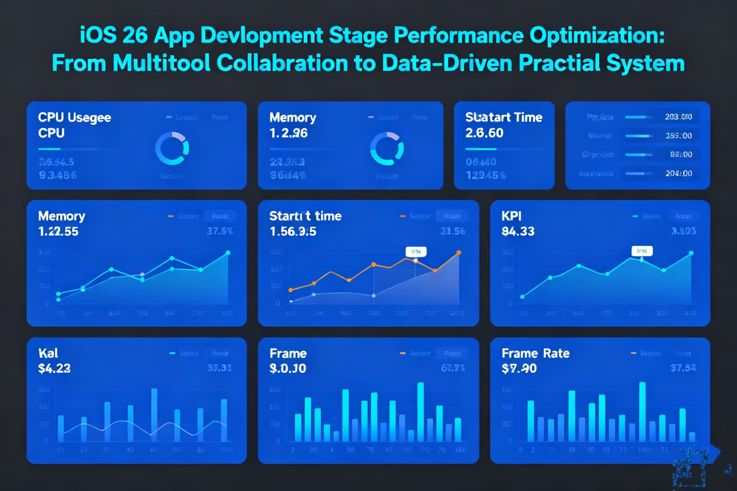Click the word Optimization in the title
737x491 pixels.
coord(597,36)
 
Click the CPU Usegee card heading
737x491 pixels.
coord(74,117)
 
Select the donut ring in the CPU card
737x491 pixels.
coord(172,148)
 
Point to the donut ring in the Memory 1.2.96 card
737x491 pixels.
coord(387,148)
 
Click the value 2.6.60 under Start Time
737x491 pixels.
coord(484,133)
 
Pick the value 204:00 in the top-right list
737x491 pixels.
coord(678,173)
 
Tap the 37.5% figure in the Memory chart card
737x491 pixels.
coord(220,231)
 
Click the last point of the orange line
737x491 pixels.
coord(459,252)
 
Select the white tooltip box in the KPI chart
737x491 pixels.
coord(642,251)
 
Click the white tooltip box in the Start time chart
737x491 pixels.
coord(416,252)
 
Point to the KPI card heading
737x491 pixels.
coord(511,216)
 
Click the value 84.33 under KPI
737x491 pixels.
coord(518,231)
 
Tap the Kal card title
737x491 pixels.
coord(48,353)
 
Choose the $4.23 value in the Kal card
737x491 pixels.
coord(54,369)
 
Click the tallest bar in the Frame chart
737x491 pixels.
coord(420,411)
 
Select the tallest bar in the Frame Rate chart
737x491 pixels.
coord(642,411)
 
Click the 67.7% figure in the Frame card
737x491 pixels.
coord(453,368)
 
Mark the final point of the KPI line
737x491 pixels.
coord(691,253)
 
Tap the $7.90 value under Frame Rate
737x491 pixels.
coord(519,369)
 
